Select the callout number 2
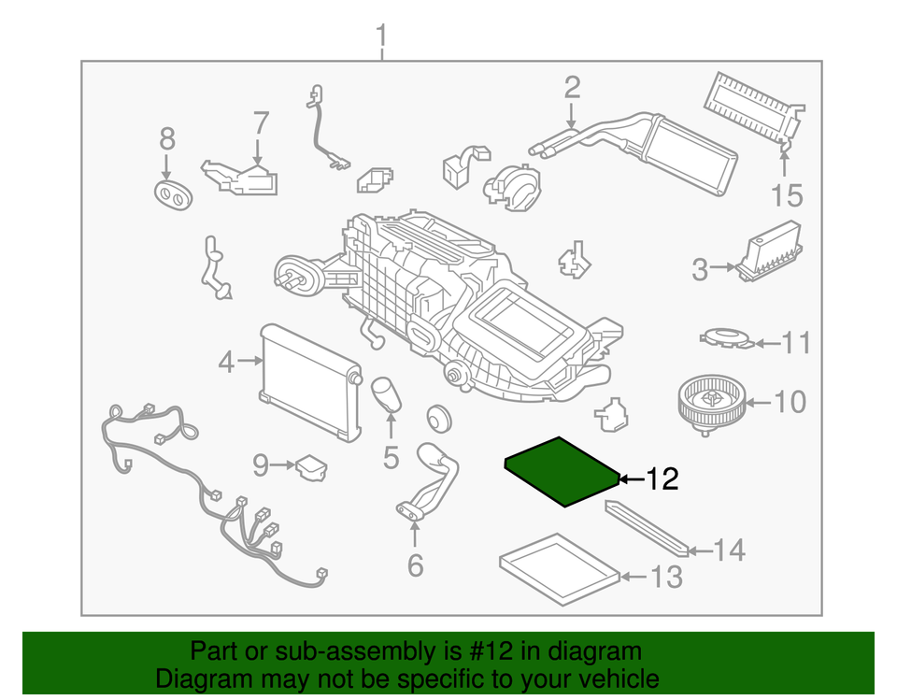(x=572, y=88)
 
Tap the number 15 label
(x=786, y=195)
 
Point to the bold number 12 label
(x=661, y=479)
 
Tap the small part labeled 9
(x=311, y=465)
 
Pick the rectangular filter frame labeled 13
(x=559, y=567)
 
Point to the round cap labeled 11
(x=725, y=336)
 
